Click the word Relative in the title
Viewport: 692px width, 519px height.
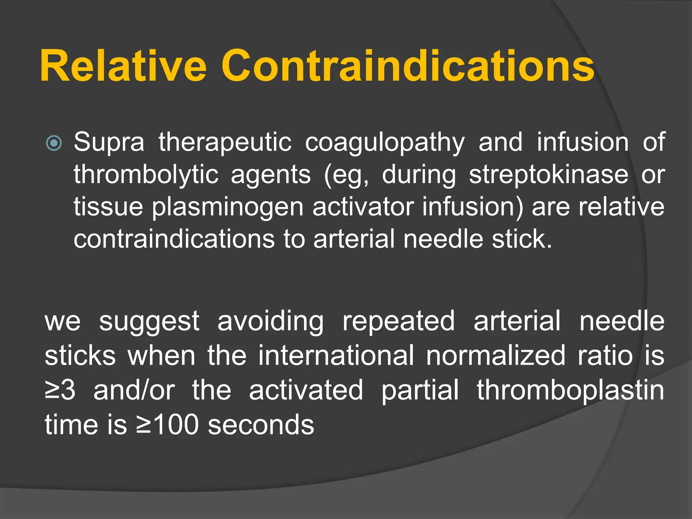(x=123, y=66)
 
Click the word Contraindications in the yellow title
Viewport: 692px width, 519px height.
(x=407, y=66)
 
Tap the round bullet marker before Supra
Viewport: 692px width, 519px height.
(x=54, y=143)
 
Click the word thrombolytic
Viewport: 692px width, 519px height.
(x=146, y=175)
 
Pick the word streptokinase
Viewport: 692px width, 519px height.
(x=548, y=175)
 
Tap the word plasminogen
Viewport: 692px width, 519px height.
(x=227, y=207)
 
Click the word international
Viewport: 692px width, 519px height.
(x=336, y=355)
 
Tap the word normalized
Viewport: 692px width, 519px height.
(x=495, y=355)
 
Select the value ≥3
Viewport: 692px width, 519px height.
(x=60, y=390)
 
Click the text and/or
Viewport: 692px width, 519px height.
(x=134, y=390)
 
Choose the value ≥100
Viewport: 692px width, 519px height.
(x=167, y=425)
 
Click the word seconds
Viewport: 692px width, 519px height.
(x=261, y=425)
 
